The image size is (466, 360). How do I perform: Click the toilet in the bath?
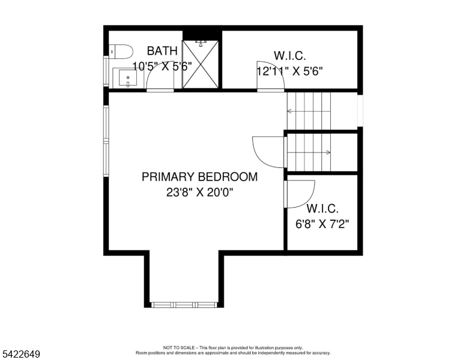(x=122, y=52)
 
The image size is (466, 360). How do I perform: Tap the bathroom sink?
(x=127, y=78)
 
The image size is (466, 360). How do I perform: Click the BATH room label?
(x=162, y=51)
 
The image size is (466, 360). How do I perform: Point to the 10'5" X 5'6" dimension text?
(x=162, y=67)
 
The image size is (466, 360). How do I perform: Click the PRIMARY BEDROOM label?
(x=199, y=177)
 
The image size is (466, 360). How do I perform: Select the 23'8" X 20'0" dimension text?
(x=199, y=193)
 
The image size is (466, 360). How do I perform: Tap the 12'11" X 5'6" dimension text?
(x=289, y=71)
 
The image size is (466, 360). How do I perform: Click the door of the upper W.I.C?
(x=267, y=76)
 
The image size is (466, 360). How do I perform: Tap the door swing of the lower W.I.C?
(x=300, y=193)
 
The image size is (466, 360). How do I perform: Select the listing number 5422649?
(x=20, y=355)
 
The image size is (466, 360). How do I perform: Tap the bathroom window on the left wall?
(x=106, y=72)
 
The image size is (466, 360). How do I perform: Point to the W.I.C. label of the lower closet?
(x=322, y=209)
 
